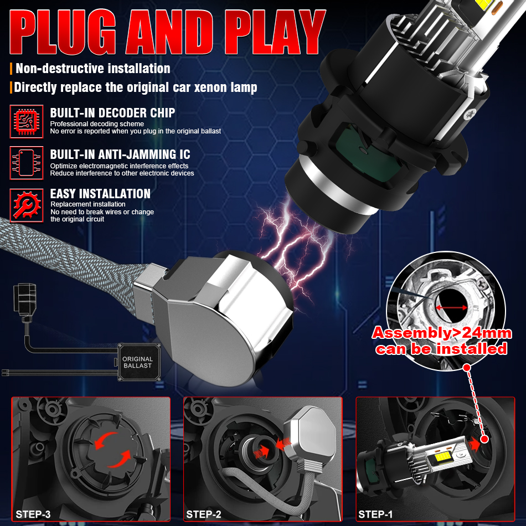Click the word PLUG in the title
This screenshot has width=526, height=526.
click(63, 32)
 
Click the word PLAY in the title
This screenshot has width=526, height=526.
click(275, 32)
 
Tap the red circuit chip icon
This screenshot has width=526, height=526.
click(27, 121)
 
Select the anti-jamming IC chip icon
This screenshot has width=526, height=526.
click(27, 163)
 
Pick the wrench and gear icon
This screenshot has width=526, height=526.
click(27, 205)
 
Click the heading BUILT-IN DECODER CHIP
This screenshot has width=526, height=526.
click(113, 113)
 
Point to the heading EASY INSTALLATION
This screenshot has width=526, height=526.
click(100, 194)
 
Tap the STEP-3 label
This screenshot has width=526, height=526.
click(33, 514)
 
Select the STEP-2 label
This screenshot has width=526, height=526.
click(204, 514)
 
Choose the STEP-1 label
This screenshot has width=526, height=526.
click(375, 514)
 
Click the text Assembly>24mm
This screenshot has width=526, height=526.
click(442, 333)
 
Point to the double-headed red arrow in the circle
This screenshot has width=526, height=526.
click(451, 307)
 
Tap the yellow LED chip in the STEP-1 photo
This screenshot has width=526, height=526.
click(442, 457)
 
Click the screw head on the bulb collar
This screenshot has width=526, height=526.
click(469, 115)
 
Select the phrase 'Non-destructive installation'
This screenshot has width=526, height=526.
click(93, 69)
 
